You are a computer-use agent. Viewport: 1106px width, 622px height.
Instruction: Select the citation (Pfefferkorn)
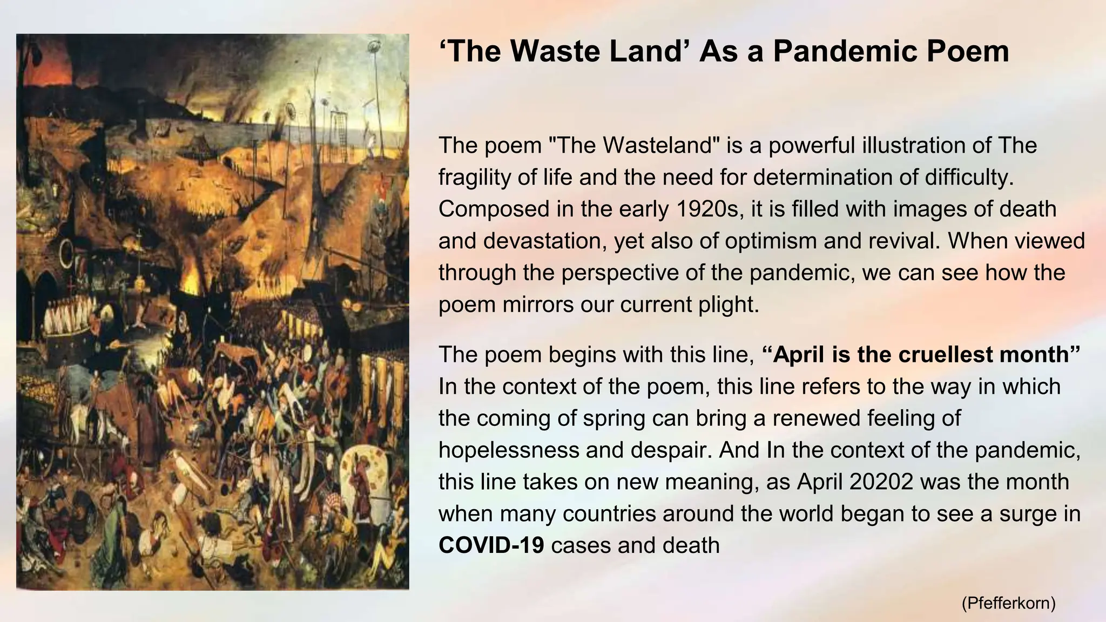click(1008, 603)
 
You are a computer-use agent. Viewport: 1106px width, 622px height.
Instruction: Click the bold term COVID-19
click(491, 545)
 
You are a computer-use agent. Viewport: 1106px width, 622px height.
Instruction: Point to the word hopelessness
click(508, 449)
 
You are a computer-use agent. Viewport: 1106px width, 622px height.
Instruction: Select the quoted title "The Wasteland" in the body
click(633, 145)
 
